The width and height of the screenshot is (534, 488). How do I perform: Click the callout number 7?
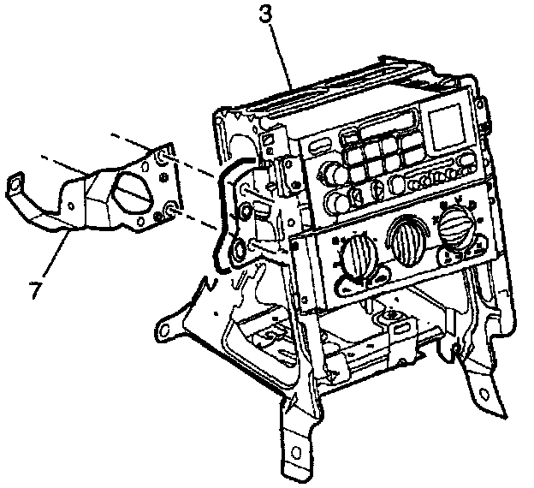pyautogui.click(x=35, y=290)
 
